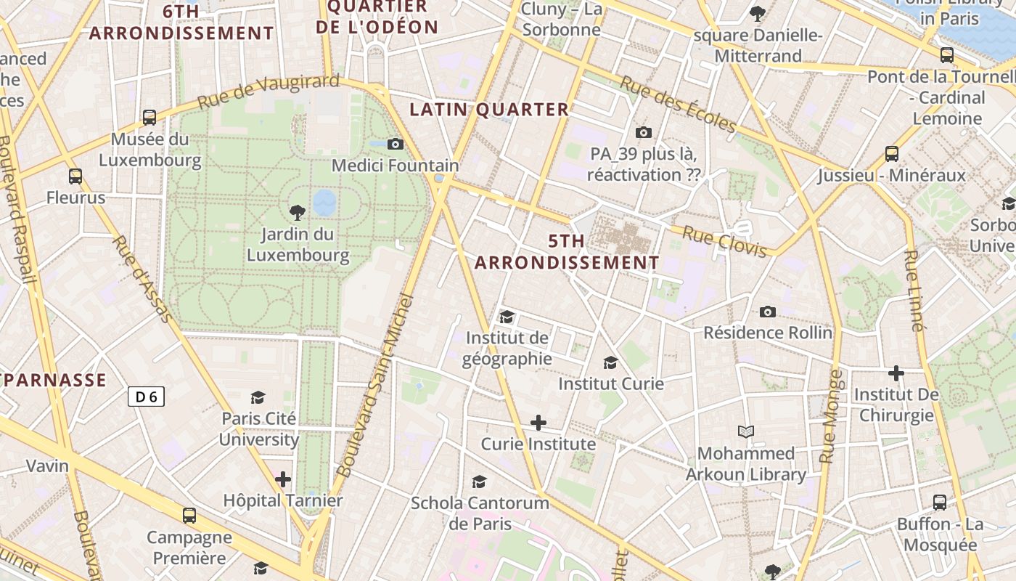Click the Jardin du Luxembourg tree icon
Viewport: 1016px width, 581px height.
(x=297, y=212)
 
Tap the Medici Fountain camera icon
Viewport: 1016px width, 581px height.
(x=396, y=144)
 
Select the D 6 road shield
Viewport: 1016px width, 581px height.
(x=147, y=397)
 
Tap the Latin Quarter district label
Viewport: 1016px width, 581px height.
(x=489, y=110)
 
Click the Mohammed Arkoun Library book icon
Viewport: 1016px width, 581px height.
(x=746, y=431)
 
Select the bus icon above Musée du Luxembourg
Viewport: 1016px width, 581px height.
(x=149, y=117)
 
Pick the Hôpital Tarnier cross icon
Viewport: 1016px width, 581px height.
(x=283, y=479)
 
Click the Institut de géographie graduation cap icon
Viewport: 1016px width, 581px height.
(x=507, y=317)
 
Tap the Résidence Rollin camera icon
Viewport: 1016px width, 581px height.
(x=768, y=312)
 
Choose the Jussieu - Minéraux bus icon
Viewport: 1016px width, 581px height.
(x=892, y=154)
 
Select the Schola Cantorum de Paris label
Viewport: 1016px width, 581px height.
(x=480, y=513)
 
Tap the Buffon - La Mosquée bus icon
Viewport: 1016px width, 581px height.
(x=940, y=502)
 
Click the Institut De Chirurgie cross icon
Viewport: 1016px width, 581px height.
(x=896, y=373)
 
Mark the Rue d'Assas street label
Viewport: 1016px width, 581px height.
(x=143, y=279)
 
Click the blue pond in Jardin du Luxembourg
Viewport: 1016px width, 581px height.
(x=324, y=203)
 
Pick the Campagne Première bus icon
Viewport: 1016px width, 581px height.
(x=189, y=516)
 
